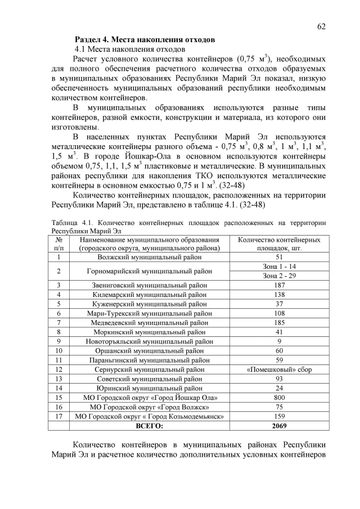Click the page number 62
[x=321, y=26]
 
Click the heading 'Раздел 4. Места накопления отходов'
[x=145, y=40]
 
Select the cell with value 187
[x=280, y=285]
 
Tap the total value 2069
[x=280, y=426]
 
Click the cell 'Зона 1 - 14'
[x=280, y=266]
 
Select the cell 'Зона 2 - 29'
[x=280, y=276]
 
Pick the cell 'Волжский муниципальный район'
[x=149, y=257]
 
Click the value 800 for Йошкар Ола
[x=280, y=398]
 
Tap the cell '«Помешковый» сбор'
[x=280, y=370]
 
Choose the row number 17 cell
[x=58, y=416]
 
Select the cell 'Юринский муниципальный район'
[x=149, y=388]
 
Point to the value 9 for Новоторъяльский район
[x=280, y=341]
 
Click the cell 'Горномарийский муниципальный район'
[x=149, y=271]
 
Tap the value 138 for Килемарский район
[x=280, y=294]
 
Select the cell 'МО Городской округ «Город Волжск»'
[x=149, y=407]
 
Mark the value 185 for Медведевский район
[x=280, y=322]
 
